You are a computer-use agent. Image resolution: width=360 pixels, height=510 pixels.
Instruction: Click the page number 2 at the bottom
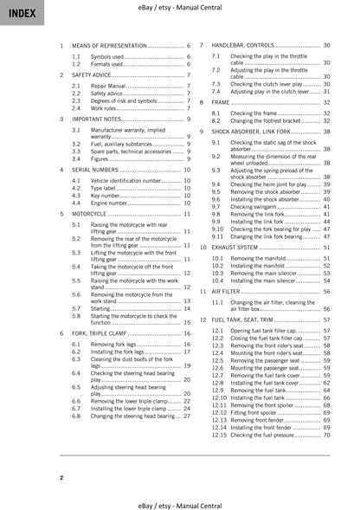pyautogui.click(x=61, y=477)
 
